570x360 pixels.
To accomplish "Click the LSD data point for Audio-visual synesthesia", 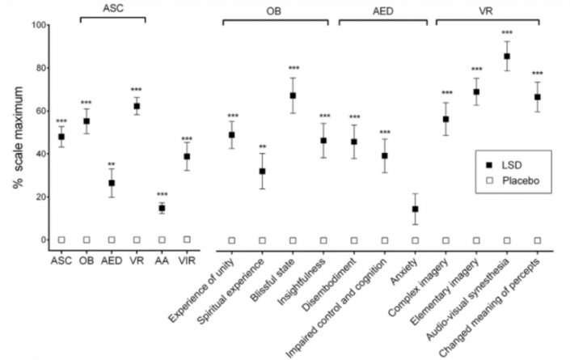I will pyautogui.click(x=508, y=57).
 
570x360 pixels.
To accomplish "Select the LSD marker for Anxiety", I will pyautogui.click(x=416, y=209).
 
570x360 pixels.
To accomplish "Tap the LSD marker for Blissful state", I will pyautogui.click(x=293, y=95).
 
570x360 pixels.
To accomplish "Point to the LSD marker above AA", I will pyautogui.click(x=162, y=208).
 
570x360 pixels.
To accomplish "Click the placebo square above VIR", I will pyautogui.click(x=187, y=239).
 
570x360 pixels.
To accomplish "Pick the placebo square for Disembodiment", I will pyautogui.click(x=354, y=240).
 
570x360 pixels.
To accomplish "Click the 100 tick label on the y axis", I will pyautogui.click(x=36, y=25).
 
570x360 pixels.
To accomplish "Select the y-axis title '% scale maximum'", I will pyautogui.click(x=17, y=133).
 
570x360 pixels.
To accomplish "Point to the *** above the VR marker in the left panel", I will pyautogui.click(x=137, y=89).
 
